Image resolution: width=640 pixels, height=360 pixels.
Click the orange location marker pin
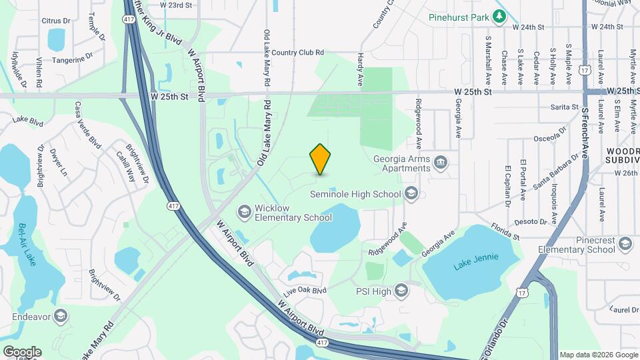[321, 159]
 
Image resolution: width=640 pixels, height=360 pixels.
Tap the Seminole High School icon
[411, 194]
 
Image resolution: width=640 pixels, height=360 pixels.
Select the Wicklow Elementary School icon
[246, 212]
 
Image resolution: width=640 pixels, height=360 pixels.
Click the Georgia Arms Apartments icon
[441, 163]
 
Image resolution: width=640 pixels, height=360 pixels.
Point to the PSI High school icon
[401, 291]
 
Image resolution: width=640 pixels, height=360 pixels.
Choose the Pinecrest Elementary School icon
[625, 244]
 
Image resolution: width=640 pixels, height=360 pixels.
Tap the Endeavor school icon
[61, 315]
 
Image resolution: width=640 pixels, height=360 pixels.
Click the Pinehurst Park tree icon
[499, 15]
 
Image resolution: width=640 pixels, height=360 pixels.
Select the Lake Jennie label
[471, 265]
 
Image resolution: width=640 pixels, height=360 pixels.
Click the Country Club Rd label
[297, 52]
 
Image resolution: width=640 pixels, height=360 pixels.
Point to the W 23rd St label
[176, 5]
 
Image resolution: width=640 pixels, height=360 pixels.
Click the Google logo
[21, 351]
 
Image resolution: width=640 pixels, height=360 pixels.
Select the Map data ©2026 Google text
[599, 355]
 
